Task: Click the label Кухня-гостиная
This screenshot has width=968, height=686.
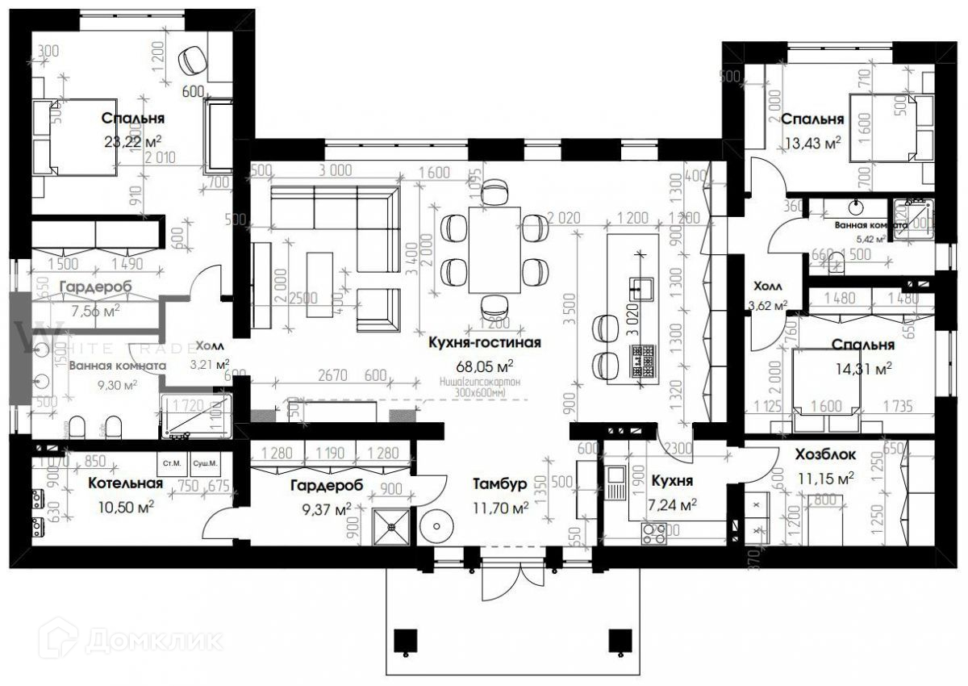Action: [485, 342]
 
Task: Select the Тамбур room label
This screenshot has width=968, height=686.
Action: [500, 484]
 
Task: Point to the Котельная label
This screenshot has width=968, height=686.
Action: [125, 483]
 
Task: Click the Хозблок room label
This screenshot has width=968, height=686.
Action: [825, 455]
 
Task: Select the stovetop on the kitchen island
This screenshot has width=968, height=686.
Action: [642, 360]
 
